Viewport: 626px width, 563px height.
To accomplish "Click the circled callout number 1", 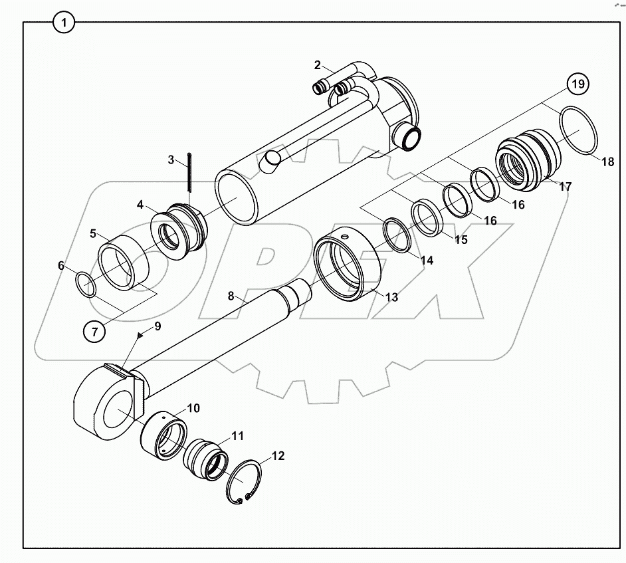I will click(64, 23).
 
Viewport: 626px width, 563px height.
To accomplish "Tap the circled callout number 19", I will click(577, 84).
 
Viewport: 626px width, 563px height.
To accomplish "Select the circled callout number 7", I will click(94, 331).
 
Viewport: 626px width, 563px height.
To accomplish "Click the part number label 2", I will click(318, 64).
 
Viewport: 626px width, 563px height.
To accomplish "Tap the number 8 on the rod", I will click(231, 296).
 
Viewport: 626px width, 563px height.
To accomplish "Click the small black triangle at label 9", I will click(141, 336).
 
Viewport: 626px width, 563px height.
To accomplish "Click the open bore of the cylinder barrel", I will click(236, 197).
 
